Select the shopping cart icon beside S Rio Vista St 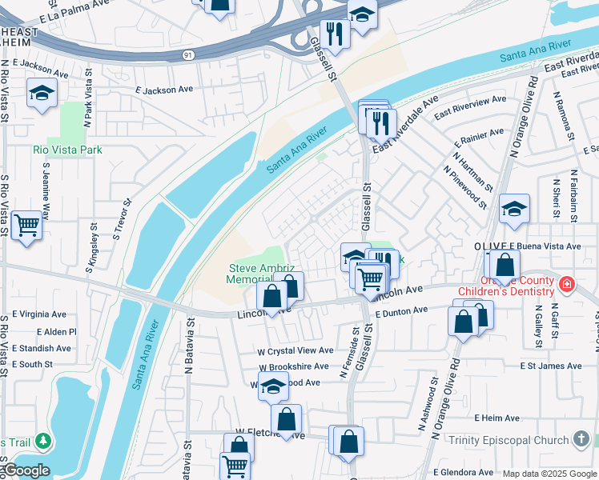click(x=26, y=226)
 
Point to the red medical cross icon click(x=567, y=284)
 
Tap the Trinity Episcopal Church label click(x=509, y=440)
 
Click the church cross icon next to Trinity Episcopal click(x=582, y=439)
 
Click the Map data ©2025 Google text click(x=549, y=474)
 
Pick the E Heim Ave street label click(x=497, y=418)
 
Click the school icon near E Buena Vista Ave click(x=513, y=210)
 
